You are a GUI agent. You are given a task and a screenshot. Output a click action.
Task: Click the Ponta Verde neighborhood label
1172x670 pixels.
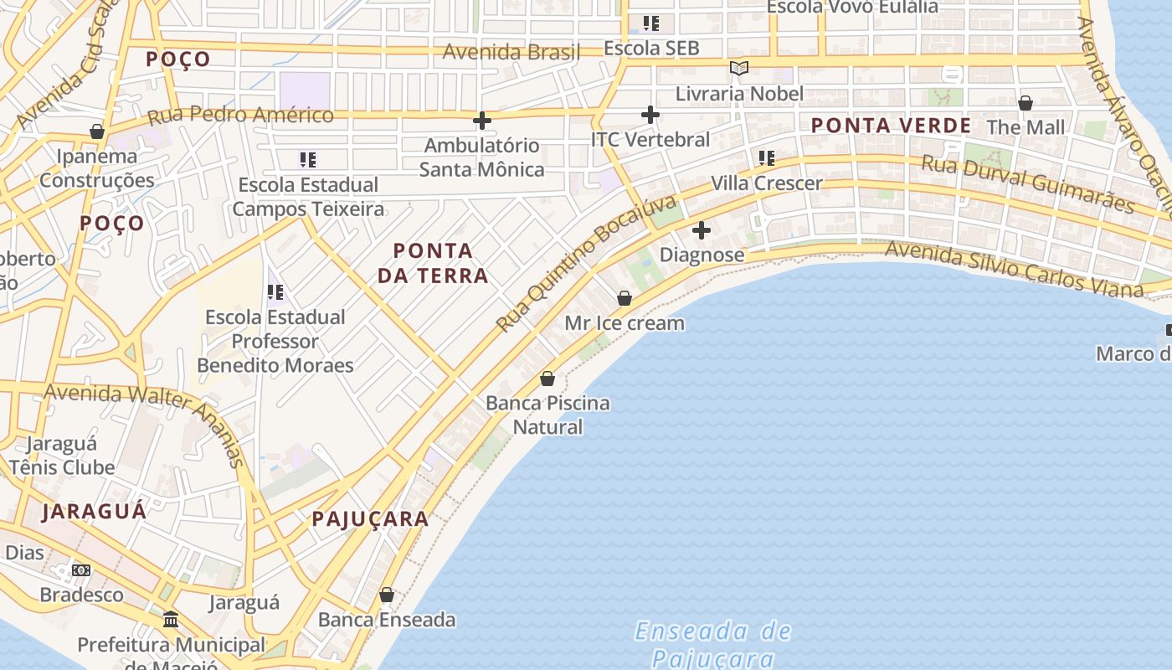[x=891, y=126]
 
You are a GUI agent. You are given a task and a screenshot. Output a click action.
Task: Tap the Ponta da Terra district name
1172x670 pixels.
[x=433, y=262]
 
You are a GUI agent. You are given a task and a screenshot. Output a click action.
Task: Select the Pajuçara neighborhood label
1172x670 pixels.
[x=370, y=518]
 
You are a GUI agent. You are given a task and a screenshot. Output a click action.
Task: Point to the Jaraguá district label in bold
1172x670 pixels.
[x=94, y=511]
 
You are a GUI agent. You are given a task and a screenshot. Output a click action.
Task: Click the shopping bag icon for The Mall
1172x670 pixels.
[x=1025, y=103]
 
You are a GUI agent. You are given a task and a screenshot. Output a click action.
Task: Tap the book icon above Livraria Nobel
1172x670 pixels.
[x=738, y=68]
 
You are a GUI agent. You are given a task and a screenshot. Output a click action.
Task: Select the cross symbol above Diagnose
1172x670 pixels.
[x=702, y=229]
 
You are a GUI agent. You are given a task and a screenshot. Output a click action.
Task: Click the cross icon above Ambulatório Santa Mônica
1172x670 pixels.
[x=481, y=121]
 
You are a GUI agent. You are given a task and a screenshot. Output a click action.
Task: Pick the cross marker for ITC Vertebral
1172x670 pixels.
[x=650, y=115]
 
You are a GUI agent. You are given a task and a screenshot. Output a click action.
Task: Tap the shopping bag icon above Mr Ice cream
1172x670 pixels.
[x=625, y=297]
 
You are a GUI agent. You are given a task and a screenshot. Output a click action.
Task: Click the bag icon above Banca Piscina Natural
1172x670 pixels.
[x=547, y=379]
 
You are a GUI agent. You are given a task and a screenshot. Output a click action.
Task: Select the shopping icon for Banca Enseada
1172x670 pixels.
[x=387, y=595]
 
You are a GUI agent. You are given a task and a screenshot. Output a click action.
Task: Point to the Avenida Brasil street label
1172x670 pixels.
[x=511, y=52]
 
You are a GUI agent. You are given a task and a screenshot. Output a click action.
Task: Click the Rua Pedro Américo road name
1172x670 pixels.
[x=240, y=116]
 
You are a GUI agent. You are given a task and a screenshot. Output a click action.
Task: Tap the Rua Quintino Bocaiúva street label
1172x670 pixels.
[x=585, y=263]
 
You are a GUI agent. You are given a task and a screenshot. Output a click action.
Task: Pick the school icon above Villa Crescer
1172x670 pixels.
[x=767, y=157]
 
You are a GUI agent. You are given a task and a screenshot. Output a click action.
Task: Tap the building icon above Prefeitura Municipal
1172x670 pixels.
[x=172, y=620]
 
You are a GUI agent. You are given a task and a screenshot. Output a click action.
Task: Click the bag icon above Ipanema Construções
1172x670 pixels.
[x=97, y=131]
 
